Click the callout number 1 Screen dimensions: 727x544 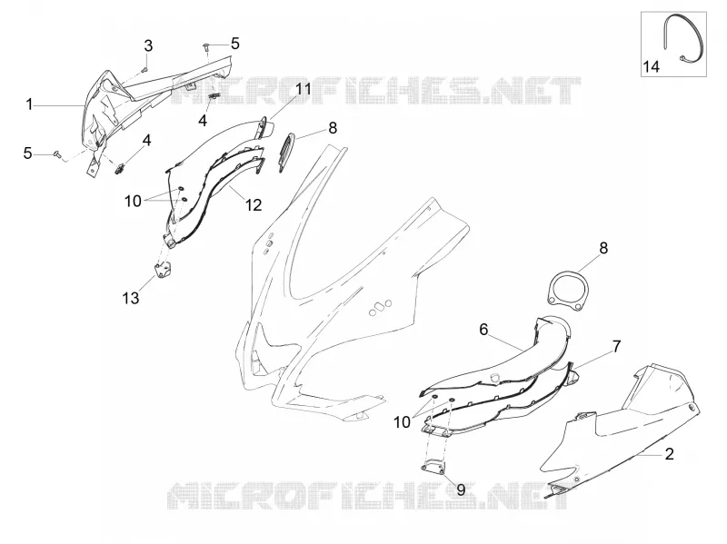click(x=29, y=104)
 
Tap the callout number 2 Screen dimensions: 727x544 click(x=669, y=454)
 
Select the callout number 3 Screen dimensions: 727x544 click(x=148, y=46)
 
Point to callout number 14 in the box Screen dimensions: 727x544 click(x=651, y=66)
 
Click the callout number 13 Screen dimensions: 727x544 click(x=131, y=298)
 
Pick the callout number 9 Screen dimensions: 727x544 click(x=461, y=490)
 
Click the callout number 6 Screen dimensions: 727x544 click(x=483, y=330)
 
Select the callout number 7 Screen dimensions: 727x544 click(x=616, y=346)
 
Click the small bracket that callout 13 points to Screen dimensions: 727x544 click(x=163, y=271)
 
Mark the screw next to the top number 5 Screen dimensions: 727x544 click(x=206, y=45)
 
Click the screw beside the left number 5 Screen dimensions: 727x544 click(x=58, y=153)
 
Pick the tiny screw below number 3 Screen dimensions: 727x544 click(x=144, y=70)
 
